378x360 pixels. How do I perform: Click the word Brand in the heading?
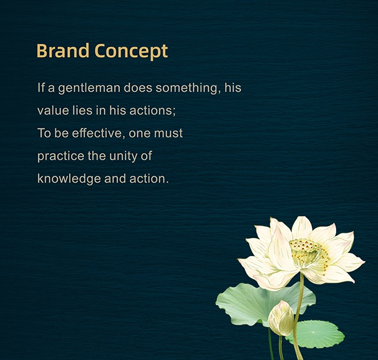point(63,50)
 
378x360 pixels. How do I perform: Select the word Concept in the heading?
point(131,52)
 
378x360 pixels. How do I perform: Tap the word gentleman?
point(89,88)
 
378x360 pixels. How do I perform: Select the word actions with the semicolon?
point(152,110)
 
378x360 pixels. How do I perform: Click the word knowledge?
point(69,179)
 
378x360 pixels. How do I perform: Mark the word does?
point(138,88)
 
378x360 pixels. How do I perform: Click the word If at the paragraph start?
point(41,88)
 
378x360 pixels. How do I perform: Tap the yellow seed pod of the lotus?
point(309,252)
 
